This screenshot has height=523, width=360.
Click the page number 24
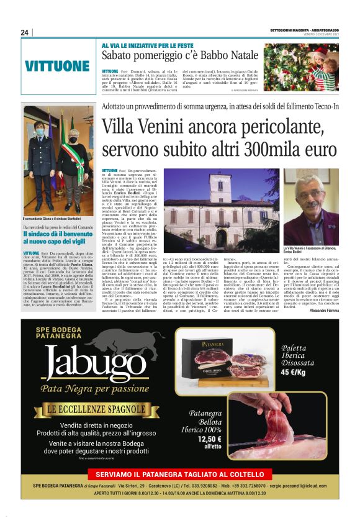tap(25, 32)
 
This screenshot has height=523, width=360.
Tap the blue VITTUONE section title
tap(58, 66)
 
